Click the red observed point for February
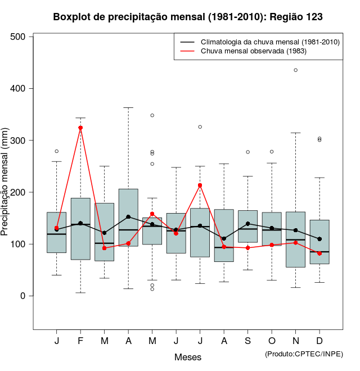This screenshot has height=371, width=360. tap(80, 128)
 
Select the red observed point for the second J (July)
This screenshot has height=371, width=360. tap(200, 185)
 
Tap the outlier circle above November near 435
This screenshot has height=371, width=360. tap(296, 70)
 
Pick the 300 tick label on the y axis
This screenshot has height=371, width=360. tap(19, 141)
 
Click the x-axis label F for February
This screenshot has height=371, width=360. tap(80, 341)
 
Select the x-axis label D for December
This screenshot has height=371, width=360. tap(319, 341)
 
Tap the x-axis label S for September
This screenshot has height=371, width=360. tap(247, 341)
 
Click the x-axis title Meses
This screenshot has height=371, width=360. tap(188, 357)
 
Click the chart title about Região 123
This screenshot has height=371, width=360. tap(188, 17)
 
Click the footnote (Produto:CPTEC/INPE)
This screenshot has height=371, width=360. tap(304, 353)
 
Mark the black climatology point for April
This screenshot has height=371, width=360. tap(128, 216)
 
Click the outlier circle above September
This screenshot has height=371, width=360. tap(247, 152)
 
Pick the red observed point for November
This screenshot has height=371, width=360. tap(296, 242)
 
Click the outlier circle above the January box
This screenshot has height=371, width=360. tap(57, 151)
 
